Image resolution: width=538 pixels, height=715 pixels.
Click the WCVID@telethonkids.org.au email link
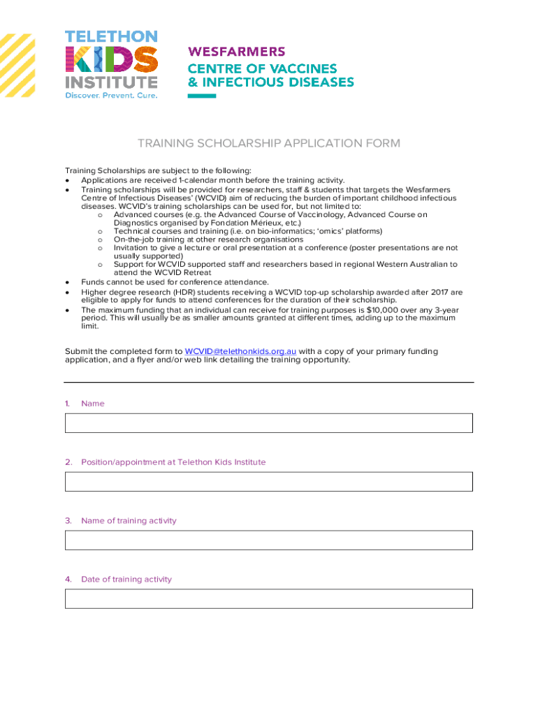pos(240,351)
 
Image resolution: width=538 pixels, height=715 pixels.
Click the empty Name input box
pos(269,423)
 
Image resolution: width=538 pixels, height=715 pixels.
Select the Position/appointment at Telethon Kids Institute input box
pos(269,482)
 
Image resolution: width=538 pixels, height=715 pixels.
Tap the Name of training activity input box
pos(269,540)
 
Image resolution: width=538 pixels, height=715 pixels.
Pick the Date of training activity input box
pos(269,599)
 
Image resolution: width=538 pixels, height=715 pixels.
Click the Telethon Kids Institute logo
pos(111,64)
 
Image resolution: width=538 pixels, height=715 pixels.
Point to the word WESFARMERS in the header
pos(237,52)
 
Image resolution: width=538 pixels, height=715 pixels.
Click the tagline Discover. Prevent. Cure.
pos(111,95)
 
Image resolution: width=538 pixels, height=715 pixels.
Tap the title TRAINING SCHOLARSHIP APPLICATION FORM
pos(269,144)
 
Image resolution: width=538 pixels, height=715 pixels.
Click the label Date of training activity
pos(126,580)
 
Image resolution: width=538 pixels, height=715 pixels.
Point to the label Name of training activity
pos(129,521)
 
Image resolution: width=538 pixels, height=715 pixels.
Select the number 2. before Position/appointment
pos(68,462)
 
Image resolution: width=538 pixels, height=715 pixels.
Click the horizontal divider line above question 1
pos(269,383)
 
